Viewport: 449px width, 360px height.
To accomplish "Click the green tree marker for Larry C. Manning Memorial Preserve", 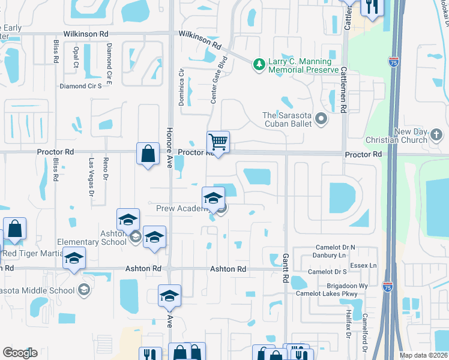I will click(x=259, y=63).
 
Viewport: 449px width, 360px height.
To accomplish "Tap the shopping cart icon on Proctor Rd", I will click(x=218, y=142).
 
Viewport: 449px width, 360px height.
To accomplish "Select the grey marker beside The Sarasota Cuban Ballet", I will click(x=321, y=119).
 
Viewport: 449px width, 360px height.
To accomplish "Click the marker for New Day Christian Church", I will click(x=436, y=139).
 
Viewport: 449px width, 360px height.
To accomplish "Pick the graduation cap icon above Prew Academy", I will click(x=213, y=198).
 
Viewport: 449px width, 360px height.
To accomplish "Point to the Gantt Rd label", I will click(x=285, y=268).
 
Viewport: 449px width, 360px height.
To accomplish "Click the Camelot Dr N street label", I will click(x=336, y=247).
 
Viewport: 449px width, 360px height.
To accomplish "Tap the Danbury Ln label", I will click(x=330, y=255).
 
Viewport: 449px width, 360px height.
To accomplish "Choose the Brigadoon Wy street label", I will click(x=347, y=286).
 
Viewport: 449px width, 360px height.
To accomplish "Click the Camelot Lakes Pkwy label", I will click(x=333, y=294).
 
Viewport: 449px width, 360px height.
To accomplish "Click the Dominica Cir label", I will click(x=181, y=87).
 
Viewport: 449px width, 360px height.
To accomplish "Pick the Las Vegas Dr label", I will click(x=92, y=178).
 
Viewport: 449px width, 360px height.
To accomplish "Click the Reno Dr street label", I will click(x=105, y=169).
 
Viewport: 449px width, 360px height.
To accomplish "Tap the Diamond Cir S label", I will click(x=85, y=86).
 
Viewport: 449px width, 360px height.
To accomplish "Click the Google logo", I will click(x=20, y=353).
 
